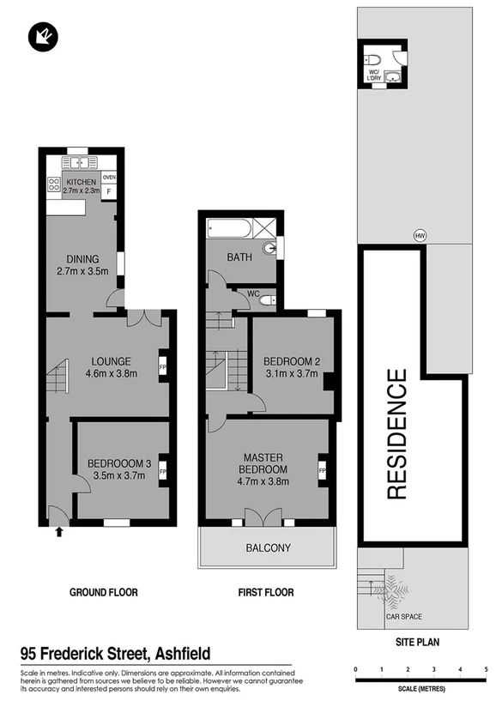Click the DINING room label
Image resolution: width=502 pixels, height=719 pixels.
pyautogui.click(x=83, y=259)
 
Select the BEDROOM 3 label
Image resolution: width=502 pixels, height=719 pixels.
pyautogui.click(x=118, y=464)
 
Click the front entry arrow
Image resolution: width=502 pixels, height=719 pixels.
pyautogui.click(x=58, y=532)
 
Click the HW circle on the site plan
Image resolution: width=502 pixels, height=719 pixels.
pyautogui.click(x=420, y=235)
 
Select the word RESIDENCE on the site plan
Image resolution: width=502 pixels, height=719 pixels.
pyautogui.click(x=396, y=434)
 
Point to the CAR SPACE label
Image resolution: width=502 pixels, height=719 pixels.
pyautogui.click(x=403, y=616)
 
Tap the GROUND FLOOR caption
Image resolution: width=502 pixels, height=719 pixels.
pyautogui.click(x=103, y=592)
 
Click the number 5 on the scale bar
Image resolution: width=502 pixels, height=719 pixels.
pyautogui.click(x=487, y=669)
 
